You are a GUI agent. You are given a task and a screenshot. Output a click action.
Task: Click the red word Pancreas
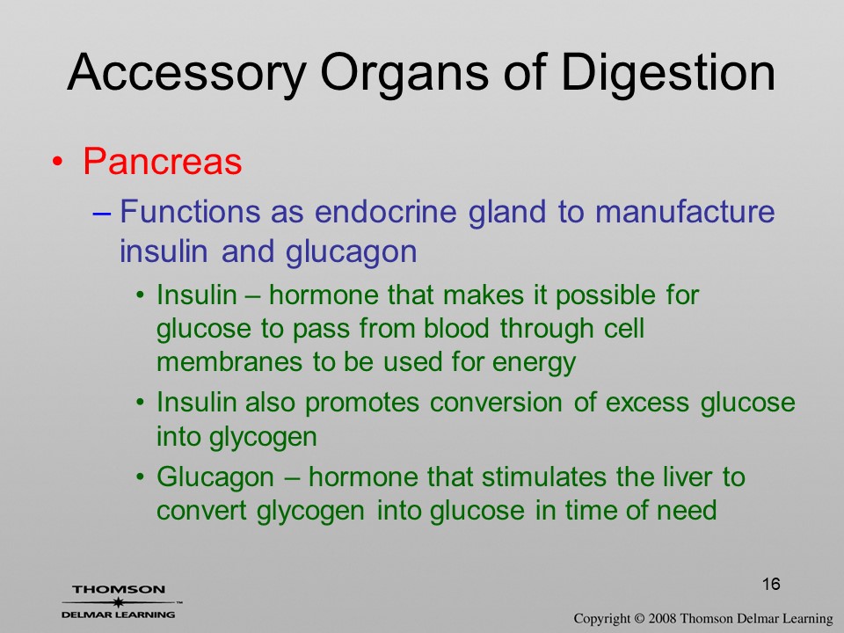pyautogui.click(x=163, y=160)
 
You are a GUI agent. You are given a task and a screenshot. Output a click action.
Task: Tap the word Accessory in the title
pyautogui.click(x=186, y=74)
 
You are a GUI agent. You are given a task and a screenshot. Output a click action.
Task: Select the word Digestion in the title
pyautogui.click(x=668, y=74)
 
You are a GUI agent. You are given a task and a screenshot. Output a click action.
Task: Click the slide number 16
pyautogui.click(x=771, y=584)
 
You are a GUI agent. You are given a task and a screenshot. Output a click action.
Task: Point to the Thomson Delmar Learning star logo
pyautogui.click(x=119, y=602)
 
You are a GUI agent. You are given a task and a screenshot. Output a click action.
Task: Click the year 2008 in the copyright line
pyautogui.click(x=661, y=619)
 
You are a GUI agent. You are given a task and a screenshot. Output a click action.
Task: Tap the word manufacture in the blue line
pyautogui.click(x=685, y=211)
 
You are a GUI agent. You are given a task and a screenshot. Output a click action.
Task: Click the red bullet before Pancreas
pyautogui.click(x=58, y=162)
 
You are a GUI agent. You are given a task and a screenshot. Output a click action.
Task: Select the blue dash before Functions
pyautogui.click(x=102, y=213)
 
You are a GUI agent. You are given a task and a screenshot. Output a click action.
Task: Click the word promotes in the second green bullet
pyautogui.click(x=361, y=404)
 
